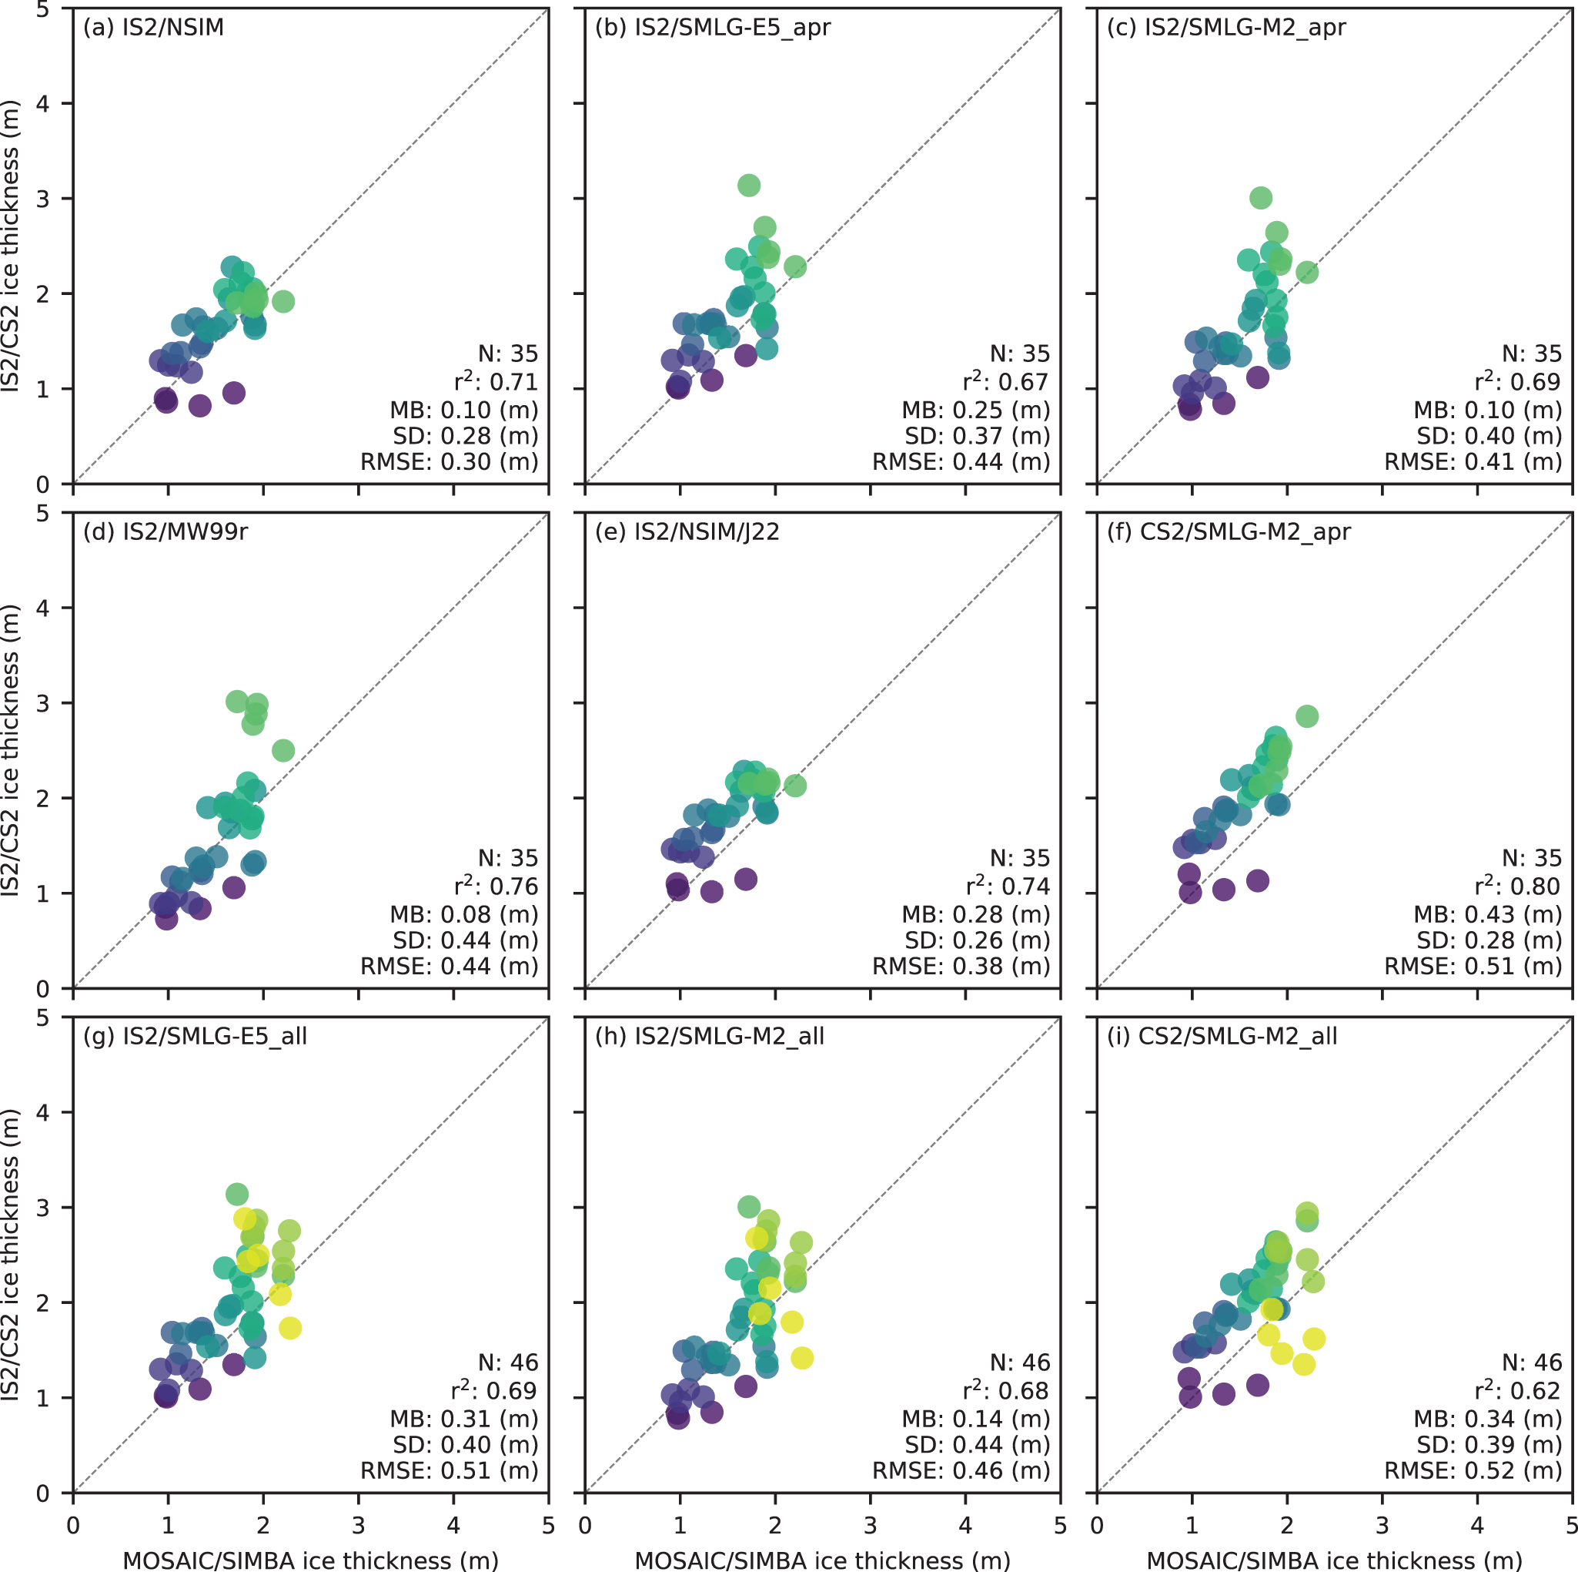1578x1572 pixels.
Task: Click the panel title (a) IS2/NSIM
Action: (153, 27)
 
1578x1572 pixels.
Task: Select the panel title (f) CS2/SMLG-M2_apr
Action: (1229, 532)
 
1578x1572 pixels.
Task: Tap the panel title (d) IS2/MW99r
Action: (165, 532)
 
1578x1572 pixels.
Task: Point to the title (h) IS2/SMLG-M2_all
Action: (709, 1036)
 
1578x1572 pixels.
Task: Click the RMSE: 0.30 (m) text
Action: (450, 462)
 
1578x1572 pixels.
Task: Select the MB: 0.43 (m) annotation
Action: (1487, 914)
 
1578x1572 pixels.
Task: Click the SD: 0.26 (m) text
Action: (977, 940)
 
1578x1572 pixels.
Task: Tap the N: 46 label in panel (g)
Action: (508, 1363)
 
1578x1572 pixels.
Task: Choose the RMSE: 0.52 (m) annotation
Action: (1473, 1470)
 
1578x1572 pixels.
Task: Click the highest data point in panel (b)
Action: (748, 186)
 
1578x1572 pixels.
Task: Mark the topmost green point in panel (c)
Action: (1260, 198)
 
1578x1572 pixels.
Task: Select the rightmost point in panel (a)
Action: (283, 301)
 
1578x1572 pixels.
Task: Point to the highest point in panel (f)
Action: (1307, 716)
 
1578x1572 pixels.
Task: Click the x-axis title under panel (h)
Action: (823, 1560)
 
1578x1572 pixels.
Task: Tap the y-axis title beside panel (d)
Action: (11, 750)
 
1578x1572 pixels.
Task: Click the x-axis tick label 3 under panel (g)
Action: (358, 1526)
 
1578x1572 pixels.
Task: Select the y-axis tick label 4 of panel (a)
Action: (43, 104)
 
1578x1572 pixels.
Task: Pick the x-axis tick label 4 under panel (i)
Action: (1476, 1526)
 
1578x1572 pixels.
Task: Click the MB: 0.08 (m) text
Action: (464, 914)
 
